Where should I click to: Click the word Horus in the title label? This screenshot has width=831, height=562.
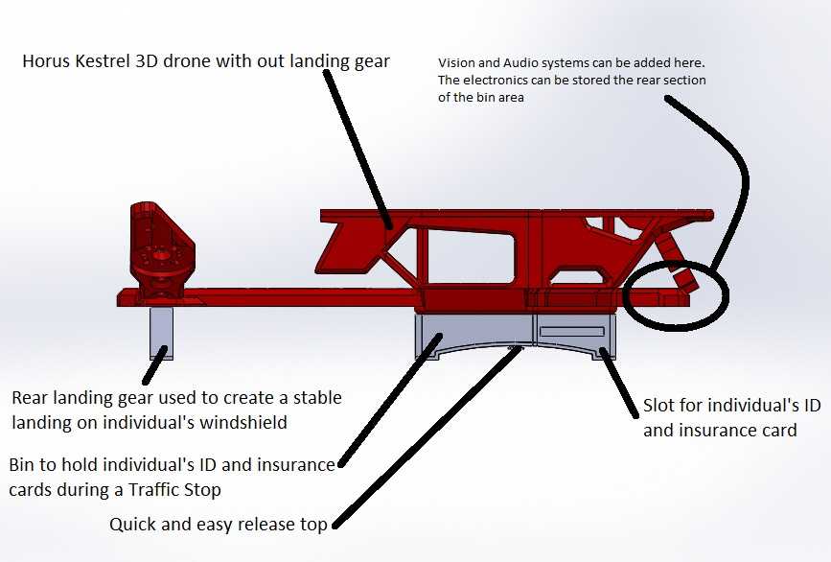click(46, 61)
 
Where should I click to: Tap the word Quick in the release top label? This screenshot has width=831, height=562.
click(132, 525)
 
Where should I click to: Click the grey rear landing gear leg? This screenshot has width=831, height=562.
click(161, 333)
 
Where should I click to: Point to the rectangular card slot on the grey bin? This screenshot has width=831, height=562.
click(572, 332)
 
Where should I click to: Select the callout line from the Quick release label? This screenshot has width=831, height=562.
click(427, 436)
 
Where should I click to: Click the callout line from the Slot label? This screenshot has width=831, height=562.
click(619, 383)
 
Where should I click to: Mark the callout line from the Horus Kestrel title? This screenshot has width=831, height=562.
click(358, 149)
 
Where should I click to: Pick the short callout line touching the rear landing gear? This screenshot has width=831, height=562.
click(154, 365)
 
